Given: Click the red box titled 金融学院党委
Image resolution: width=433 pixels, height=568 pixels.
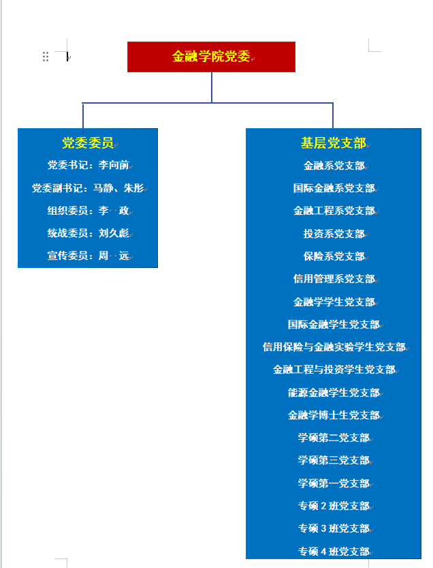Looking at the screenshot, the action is [x=211, y=57].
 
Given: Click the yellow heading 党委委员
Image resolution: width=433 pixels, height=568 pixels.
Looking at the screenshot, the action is [x=88, y=143].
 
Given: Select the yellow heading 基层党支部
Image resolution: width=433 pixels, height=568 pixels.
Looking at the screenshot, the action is [x=333, y=143].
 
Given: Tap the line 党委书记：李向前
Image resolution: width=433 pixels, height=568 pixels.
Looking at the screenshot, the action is [x=89, y=165].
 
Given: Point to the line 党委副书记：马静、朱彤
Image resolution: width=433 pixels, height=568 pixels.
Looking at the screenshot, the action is [x=88, y=188].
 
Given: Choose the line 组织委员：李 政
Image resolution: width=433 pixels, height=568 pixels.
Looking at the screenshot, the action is [x=89, y=211].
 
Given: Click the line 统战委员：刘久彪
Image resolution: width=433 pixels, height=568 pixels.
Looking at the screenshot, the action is [x=89, y=233].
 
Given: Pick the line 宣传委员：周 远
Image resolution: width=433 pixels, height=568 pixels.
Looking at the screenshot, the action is [x=89, y=256].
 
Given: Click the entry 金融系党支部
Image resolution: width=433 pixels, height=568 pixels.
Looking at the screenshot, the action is [x=334, y=166].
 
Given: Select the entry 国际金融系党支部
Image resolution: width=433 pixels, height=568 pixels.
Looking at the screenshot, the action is [x=334, y=188].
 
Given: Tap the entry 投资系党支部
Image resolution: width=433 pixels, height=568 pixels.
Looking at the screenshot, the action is [x=334, y=234].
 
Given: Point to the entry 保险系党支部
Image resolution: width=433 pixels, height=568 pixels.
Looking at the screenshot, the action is [x=334, y=256].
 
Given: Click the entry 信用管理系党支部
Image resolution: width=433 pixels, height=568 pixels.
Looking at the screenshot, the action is [x=334, y=279].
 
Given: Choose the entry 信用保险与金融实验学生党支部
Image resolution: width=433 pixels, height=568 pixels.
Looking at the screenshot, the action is [x=334, y=347].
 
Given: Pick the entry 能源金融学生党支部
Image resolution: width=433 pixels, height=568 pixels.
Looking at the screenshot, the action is [x=334, y=392].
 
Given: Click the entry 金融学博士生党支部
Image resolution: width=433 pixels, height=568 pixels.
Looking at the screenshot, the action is [x=334, y=415].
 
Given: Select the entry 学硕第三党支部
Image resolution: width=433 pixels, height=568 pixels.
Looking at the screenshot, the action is [x=334, y=460].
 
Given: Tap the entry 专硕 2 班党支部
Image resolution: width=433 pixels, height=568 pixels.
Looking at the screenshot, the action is [x=334, y=506].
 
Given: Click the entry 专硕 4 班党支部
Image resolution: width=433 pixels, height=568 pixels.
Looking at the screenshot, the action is [x=334, y=552].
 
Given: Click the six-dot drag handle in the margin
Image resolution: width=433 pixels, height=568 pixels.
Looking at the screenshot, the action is [x=46, y=57].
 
